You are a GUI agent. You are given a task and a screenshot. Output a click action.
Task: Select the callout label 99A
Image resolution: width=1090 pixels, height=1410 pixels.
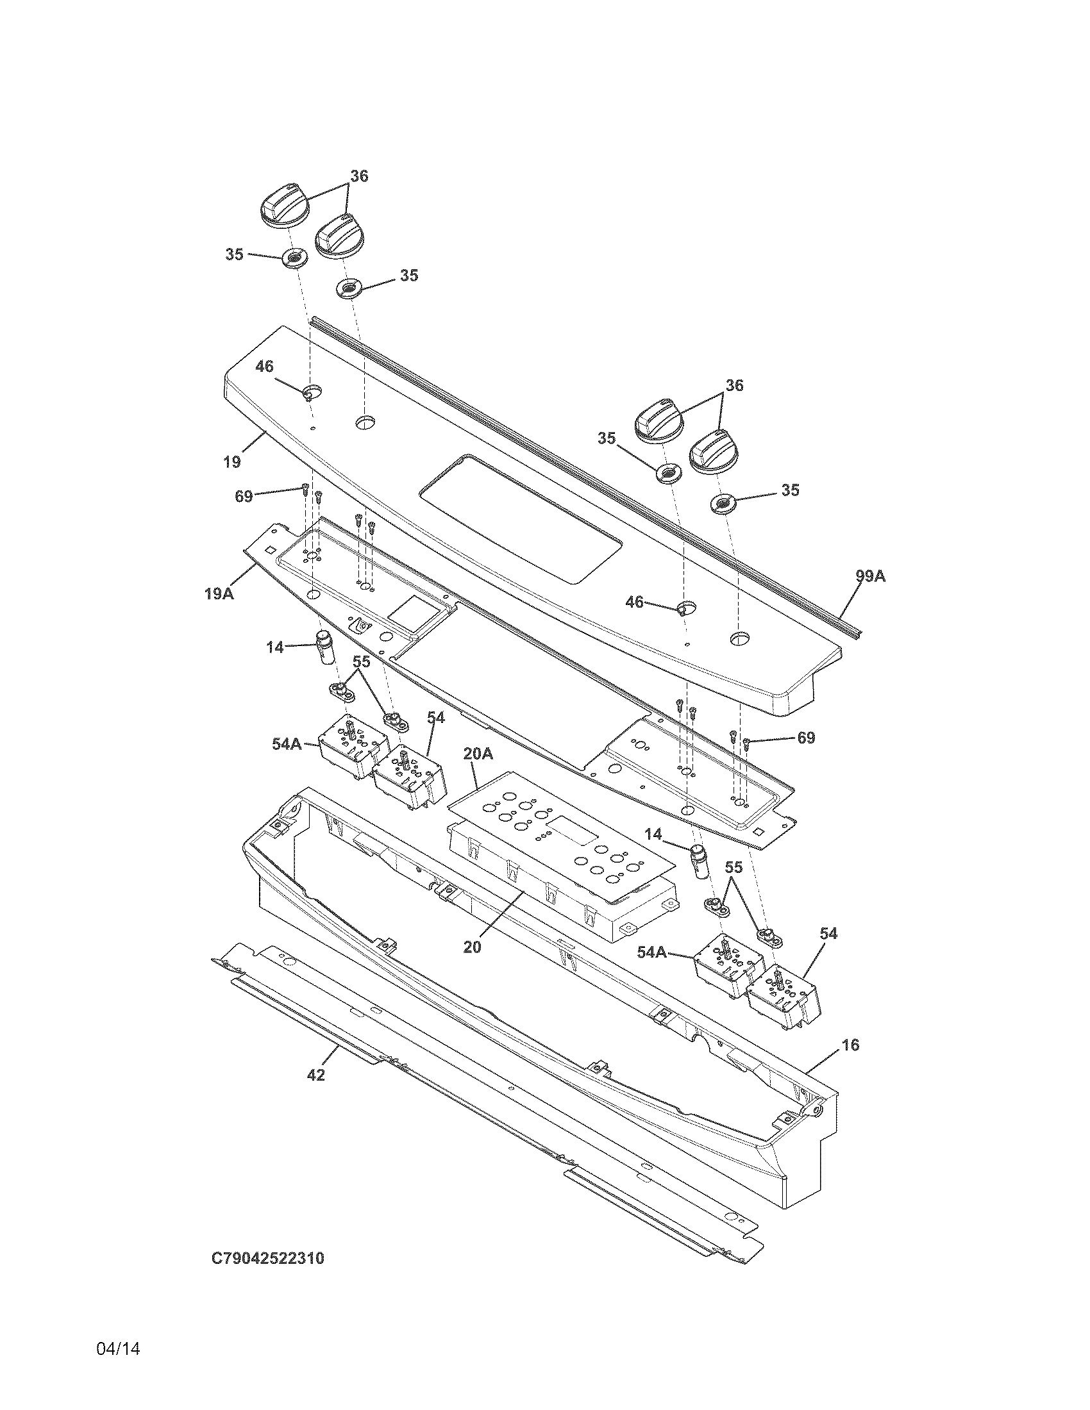pos(871,576)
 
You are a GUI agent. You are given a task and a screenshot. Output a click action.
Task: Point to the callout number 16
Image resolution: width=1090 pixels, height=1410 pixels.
pos(851,1045)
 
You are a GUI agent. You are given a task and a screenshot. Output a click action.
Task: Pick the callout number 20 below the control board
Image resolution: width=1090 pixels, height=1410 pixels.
pos(473,947)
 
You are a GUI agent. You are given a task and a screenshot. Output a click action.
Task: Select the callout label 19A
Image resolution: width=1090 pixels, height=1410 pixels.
pos(219,593)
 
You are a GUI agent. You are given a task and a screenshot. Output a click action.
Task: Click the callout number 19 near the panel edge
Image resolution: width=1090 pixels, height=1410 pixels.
pos(232,461)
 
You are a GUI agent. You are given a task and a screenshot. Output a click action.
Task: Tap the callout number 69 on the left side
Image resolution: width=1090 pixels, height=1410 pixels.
pos(244,497)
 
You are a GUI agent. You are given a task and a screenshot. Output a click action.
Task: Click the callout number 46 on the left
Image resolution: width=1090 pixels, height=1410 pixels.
pos(264,367)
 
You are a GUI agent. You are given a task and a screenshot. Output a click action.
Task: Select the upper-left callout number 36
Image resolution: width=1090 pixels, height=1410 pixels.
pos(359,176)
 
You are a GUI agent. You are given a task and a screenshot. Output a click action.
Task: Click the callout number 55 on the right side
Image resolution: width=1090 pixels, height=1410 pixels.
pos(733,868)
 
